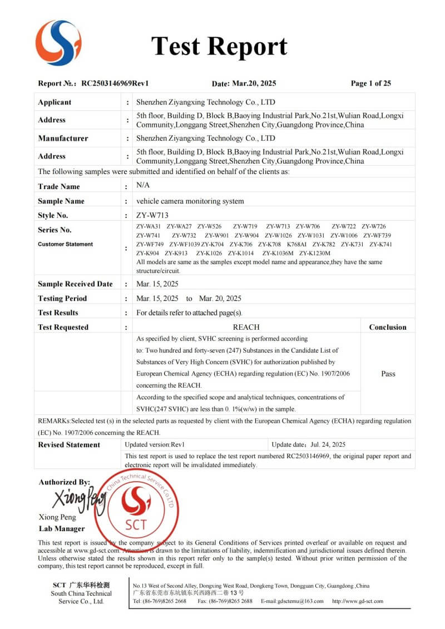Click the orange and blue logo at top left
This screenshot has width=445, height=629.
(x=58, y=42)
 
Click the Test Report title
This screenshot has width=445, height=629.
(x=219, y=46)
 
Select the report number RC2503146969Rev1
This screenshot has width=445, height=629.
(x=115, y=83)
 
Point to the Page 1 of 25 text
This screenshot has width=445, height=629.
(x=370, y=83)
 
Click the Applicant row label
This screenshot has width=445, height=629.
(x=55, y=102)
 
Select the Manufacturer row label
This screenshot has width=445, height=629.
(x=63, y=138)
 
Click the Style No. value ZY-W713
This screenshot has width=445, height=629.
(x=152, y=215)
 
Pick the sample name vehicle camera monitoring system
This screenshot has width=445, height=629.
(x=190, y=201)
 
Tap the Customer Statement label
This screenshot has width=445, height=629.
(x=65, y=244)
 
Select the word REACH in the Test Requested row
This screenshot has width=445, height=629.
(x=246, y=327)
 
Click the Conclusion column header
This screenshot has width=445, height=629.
(x=388, y=327)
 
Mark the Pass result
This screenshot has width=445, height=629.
(x=388, y=374)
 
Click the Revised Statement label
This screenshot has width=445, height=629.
(x=69, y=444)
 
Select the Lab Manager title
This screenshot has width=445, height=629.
(x=62, y=528)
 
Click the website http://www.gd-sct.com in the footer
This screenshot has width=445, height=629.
(x=358, y=601)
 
